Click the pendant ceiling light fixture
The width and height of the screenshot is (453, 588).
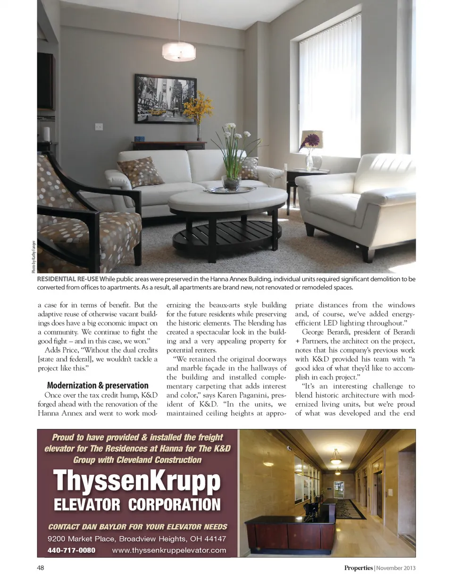point(179,51)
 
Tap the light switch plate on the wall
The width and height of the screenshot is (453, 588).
point(99,127)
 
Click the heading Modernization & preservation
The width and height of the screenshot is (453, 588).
point(98,385)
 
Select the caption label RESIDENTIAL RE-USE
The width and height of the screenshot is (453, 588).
point(67,279)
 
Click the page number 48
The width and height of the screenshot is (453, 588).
point(41,568)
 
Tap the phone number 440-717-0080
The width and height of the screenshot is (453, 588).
point(71,550)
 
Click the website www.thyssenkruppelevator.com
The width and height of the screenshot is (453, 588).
point(169,550)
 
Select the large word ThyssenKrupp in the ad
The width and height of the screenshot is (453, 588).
point(137,481)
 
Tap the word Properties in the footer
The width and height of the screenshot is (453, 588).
point(358,568)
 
